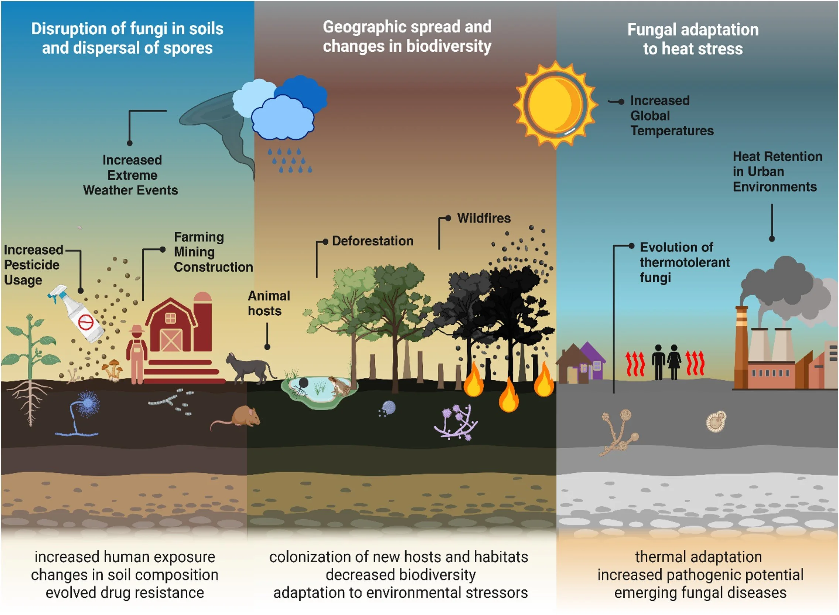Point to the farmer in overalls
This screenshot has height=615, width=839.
pos(137,354)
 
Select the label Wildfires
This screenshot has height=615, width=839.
pos(484,218)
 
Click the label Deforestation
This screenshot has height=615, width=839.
pos(372,241)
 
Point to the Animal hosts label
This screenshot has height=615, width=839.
pos(269,303)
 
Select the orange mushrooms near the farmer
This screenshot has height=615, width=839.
pos(113,369)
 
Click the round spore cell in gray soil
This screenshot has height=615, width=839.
pos(716,421)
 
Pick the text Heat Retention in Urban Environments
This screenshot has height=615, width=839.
pos(777,171)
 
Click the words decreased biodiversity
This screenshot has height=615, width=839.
pos(400,575)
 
